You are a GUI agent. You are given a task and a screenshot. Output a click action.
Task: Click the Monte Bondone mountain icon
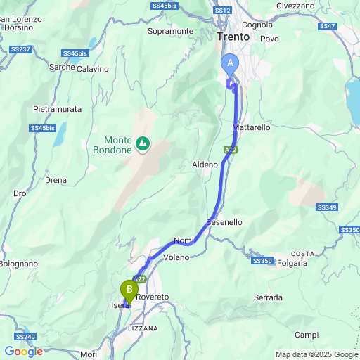[143, 143]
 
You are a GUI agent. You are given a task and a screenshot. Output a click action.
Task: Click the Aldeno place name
[205, 164]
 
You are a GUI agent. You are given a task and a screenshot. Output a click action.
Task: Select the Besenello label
[224, 221]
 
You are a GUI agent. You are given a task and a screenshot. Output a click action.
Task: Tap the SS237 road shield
[20, 49]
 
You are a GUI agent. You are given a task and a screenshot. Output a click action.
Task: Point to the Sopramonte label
[170, 31]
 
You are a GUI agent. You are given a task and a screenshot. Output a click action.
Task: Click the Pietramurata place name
[58, 109]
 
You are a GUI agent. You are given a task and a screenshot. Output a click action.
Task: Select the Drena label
[56, 180]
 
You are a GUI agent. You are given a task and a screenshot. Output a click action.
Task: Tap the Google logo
[23, 352]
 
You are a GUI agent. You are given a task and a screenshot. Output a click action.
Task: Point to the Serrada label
[268, 297]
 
